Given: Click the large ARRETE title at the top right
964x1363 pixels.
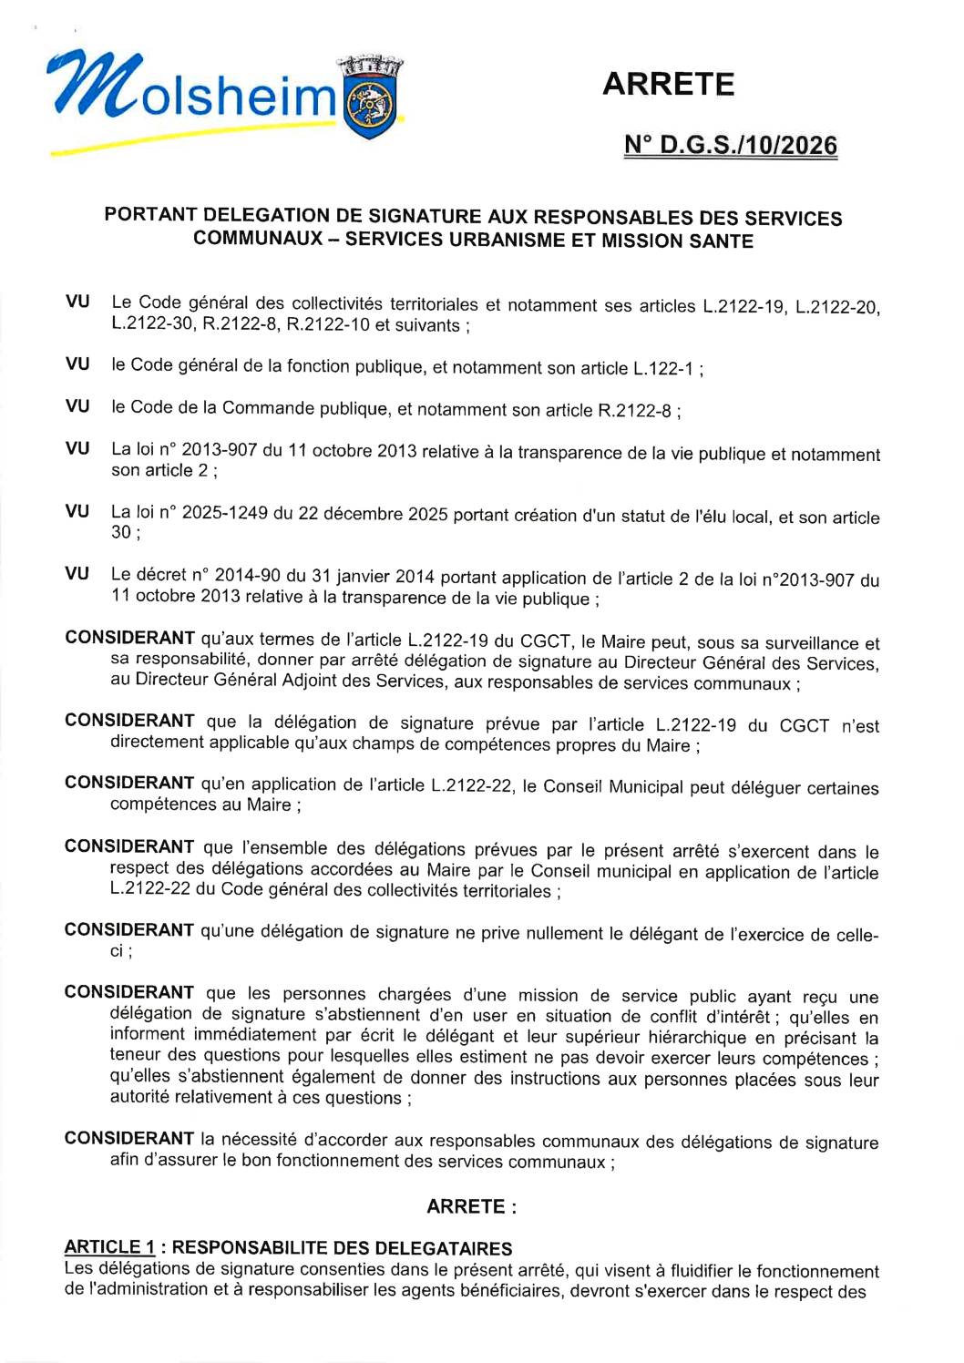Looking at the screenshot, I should click(668, 84).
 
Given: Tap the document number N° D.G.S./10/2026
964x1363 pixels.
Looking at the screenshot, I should click(731, 145).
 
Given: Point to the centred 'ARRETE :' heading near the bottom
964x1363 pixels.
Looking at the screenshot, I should click(471, 1206).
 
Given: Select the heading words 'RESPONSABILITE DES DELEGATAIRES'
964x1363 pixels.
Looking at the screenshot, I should click(342, 1248).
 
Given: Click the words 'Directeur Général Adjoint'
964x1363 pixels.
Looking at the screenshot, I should click(242, 681).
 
